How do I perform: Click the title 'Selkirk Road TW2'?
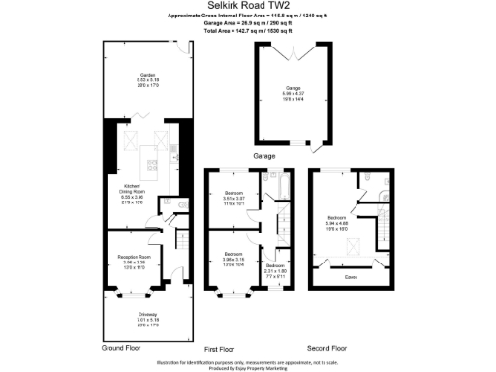[x=247, y=6]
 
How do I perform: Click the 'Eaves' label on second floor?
[x=350, y=274]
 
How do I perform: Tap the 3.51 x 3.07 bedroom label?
[x=232, y=197]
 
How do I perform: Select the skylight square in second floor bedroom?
[x=352, y=246]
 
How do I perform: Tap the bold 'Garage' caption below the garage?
[x=264, y=156]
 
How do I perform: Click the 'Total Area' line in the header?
[x=248, y=31]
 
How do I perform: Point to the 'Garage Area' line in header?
[x=248, y=23]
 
